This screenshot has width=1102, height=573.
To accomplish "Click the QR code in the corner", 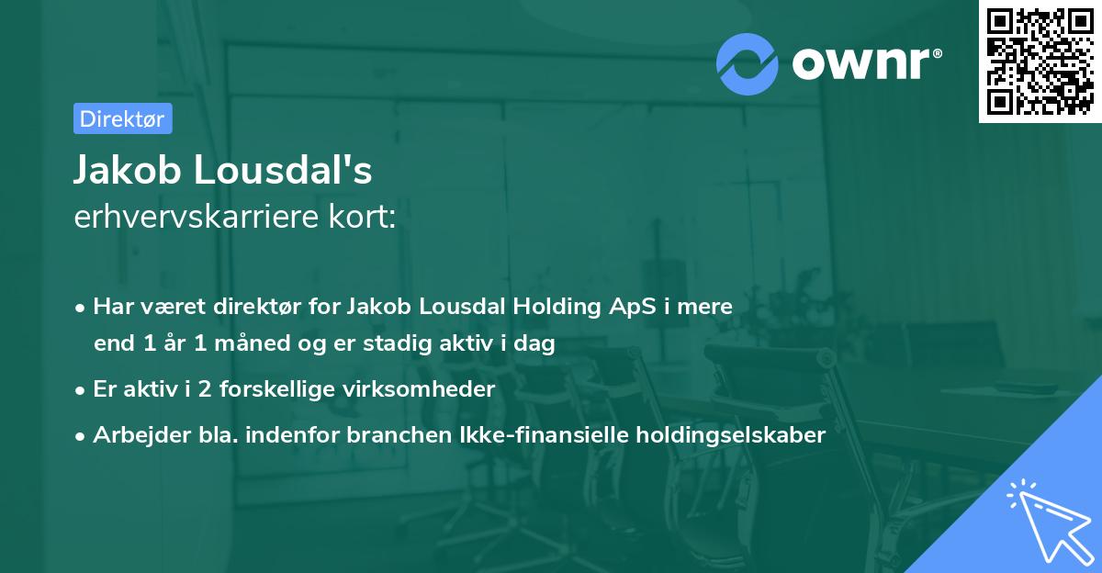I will pyautogui.click(x=1040, y=62).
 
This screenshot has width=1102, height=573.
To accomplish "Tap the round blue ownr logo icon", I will pyautogui.click(x=748, y=63).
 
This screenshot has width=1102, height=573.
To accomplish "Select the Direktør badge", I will pyautogui.click(x=122, y=118).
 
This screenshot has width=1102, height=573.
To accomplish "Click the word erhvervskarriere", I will pyautogui.click(x=195, y=217).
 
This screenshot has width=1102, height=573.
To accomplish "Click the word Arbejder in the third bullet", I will pyautogui.click(x=135, y=435).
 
